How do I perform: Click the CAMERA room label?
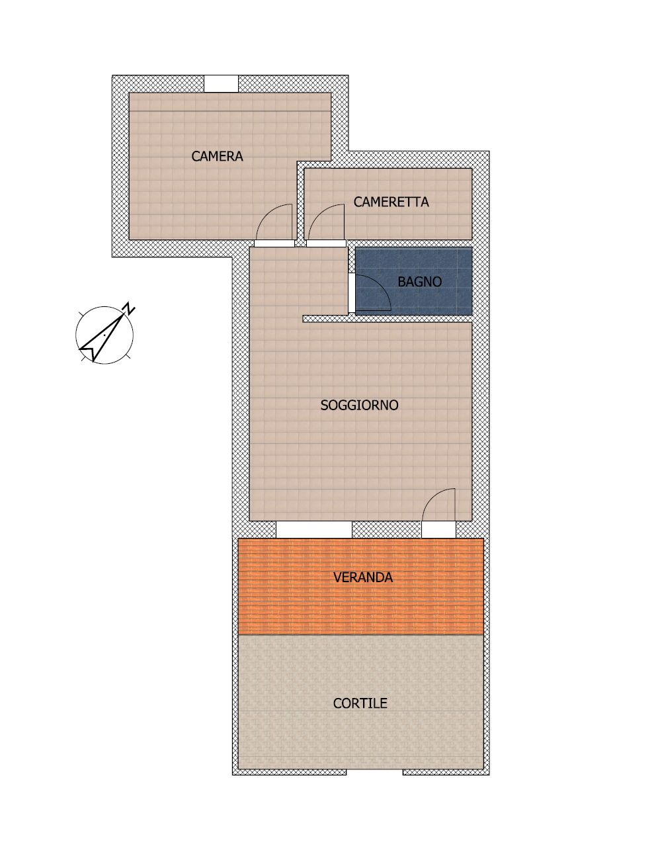[x=217, y=156]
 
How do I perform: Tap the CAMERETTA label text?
[x=391, y=202]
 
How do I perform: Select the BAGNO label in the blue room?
[x=419, y=282]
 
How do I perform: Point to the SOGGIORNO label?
[x=359, y=405]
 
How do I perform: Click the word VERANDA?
[x=363, y=578]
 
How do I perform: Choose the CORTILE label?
[x=360, y=703]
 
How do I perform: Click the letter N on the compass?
[x=129, y=308]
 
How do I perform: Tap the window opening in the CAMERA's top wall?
[x=221, y=84]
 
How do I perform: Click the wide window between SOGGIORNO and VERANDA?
[x=313, y=530]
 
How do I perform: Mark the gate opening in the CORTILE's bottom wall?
[x=375, y=772]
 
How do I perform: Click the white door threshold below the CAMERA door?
[x=274, y=243]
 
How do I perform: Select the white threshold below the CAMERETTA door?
[x=327, y=243]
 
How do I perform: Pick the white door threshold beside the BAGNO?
[x=352, y=294]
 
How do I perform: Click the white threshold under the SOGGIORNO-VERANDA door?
[x=438, y=530]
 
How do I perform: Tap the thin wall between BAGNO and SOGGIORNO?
[x=388, y=319]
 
